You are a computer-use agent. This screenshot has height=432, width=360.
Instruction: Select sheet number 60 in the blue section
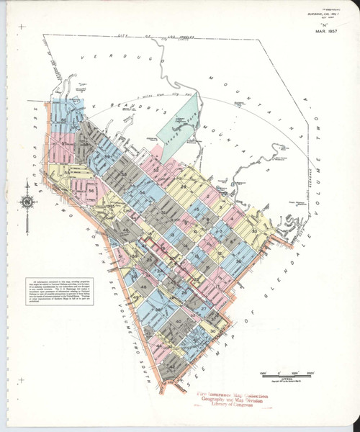[65, 120]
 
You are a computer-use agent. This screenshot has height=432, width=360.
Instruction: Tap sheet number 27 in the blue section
[204, 308]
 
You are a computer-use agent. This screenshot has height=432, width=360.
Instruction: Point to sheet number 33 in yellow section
[254, 230]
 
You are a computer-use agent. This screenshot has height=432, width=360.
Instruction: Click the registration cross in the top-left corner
[22, 27]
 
